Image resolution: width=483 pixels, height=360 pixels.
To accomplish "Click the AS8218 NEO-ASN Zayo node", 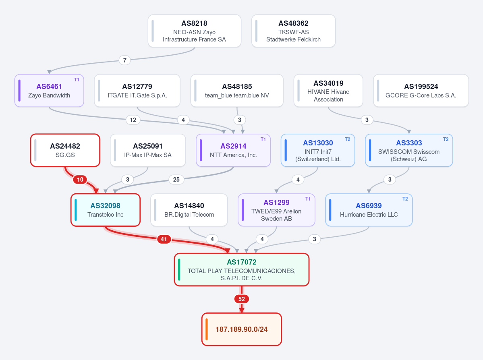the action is [195, 31].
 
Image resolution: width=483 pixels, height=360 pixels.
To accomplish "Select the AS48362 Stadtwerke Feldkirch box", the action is [293, 31].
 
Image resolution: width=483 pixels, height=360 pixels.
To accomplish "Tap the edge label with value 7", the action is [125, 60].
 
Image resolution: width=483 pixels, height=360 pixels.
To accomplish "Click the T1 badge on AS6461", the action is [77, 80].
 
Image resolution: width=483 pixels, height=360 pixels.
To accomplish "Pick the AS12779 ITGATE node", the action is [137, 91].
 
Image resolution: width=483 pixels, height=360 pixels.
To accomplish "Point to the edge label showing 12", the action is [133, 120].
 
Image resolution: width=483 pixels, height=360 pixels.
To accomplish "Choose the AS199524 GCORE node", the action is [421, 91].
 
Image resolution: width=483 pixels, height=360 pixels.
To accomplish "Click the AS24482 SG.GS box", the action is [65, 150].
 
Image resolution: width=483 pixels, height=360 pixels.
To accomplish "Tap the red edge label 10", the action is [80, 180].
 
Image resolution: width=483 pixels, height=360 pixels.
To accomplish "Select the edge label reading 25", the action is [176, 180].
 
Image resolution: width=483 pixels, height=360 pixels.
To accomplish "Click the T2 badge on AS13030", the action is [348, 139].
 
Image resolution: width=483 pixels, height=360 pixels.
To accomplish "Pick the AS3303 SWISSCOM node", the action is [409, 150].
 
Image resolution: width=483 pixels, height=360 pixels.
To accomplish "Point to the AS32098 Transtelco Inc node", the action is [106, 210].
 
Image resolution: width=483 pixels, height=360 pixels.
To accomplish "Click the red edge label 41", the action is [164, 239].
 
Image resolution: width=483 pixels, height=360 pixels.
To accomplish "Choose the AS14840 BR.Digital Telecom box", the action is [189, 210].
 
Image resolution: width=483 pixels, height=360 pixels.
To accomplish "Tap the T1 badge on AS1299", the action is [308, 199].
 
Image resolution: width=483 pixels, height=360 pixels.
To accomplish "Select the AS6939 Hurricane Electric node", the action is [369, 210].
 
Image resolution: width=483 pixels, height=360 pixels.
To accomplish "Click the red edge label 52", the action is [242, 299].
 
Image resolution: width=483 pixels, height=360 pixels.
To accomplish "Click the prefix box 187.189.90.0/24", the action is [242, 329].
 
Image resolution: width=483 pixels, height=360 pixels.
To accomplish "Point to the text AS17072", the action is [242, 262].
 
